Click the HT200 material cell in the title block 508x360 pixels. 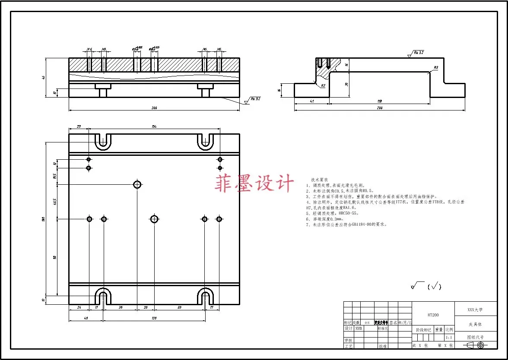coord(433,315)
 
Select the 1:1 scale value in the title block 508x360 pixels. coord(449,337)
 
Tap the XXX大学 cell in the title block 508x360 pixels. coord(475,309)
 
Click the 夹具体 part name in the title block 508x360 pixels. coord(475,324)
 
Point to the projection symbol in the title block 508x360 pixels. coord(475,345)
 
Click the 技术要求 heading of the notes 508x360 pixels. coord(320,179)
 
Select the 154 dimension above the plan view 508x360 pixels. coord(154,126)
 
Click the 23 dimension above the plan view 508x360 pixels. coord(79,126)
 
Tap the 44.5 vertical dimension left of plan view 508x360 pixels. coord(55,202)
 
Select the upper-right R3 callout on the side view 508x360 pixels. coord(436,67)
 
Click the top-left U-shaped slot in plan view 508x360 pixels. coord(103,141)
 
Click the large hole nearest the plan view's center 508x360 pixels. coord(154,219)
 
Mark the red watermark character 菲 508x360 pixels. coord(225,183)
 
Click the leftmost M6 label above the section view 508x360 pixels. coord(89,50)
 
